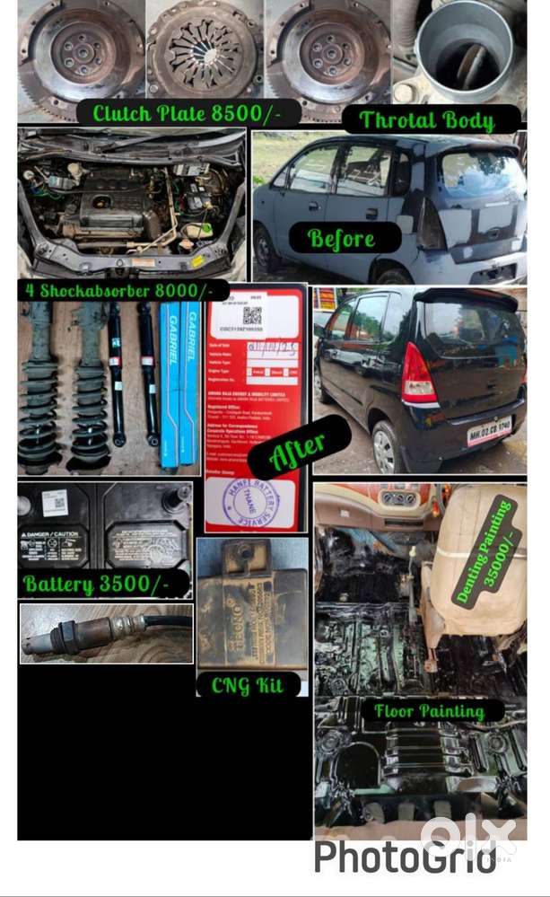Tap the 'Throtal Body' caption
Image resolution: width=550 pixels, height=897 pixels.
tap(427, 119)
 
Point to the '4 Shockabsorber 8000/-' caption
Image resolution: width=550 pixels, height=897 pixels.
tap(116, 290)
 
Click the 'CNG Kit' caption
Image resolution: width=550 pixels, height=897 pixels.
tap(247, 685)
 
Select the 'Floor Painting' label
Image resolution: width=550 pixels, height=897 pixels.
tap(429, 711)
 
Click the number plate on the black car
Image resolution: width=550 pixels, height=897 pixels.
tap(489, 430)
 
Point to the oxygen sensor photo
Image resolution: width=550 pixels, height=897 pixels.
tap(106, 632)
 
